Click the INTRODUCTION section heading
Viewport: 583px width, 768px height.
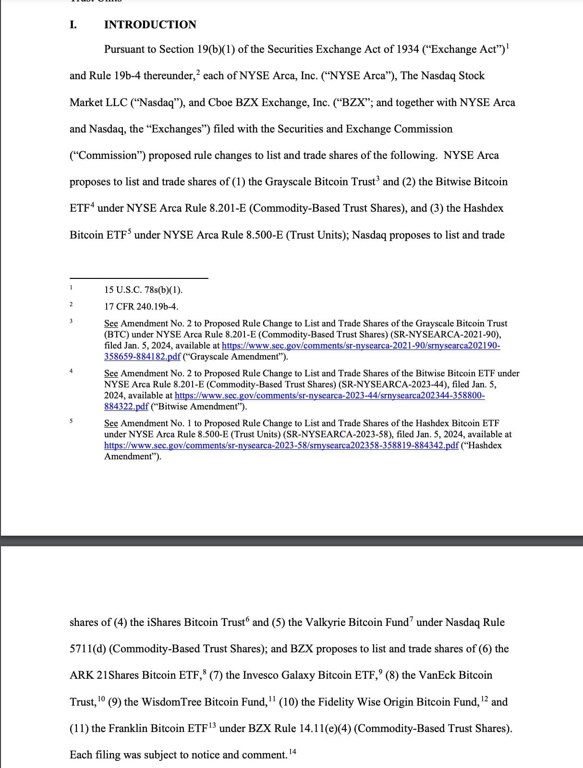[150, 24]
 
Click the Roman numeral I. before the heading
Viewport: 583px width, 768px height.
[73, 24]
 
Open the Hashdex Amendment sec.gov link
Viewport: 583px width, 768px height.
[281, 445]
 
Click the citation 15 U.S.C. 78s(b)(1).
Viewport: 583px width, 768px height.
[143, 290]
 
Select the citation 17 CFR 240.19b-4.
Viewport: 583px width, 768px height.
[141, 306]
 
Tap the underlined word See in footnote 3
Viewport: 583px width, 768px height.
[111, 324]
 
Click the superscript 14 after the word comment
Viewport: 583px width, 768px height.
[292, 752]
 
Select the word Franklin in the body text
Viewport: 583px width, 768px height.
[128, 729]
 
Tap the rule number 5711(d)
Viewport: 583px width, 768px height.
[88, 649]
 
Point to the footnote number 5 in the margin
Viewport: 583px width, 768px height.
[71, 421]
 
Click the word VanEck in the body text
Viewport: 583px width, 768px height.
[437, 675]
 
